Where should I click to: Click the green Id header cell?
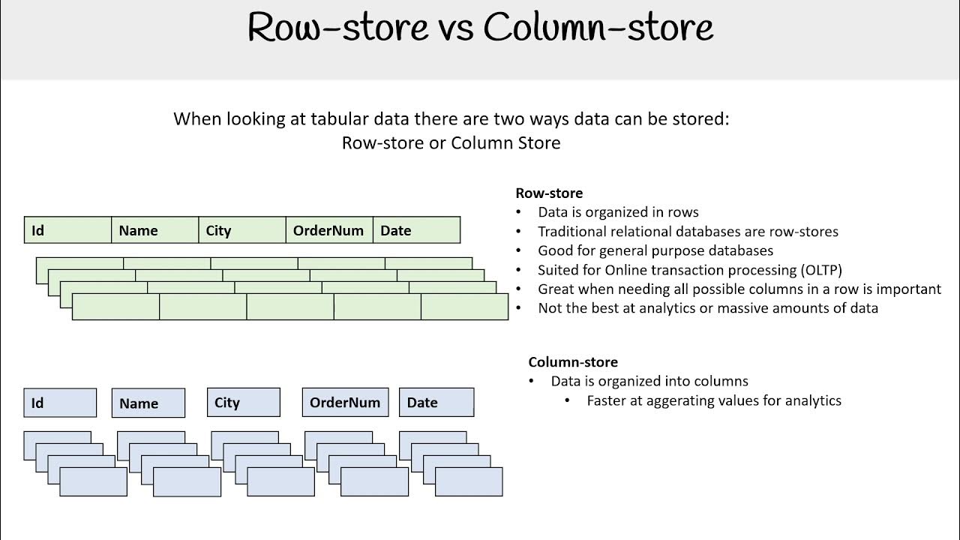coord(68,230)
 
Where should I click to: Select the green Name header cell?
coord(155,230)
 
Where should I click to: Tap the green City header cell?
coord(242,230)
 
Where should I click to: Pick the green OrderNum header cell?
coord(329,230)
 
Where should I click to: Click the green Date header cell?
coord(416,230)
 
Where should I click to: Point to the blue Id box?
coord(60,403)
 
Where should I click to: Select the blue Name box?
coord(148,403)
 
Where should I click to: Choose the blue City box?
coord(243,403)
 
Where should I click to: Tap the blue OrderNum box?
coord(345,403)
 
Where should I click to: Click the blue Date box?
coord(436,403)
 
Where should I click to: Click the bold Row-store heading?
coord(548,193)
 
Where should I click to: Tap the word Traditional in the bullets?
coord(574,232)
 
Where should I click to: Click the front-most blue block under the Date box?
coord(469,481)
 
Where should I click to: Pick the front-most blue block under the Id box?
coord(93,481)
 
